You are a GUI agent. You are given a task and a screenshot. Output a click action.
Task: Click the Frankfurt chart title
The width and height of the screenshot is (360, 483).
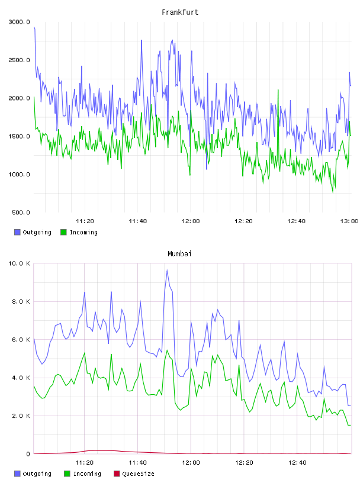(180, 12)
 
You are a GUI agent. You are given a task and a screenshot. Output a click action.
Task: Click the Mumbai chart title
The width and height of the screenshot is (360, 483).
(179, 254)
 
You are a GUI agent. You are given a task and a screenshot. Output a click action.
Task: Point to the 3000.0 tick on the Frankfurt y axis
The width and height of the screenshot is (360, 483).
(19, 22)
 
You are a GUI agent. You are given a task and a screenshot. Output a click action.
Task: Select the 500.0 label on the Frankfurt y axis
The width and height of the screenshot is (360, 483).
(21, 212)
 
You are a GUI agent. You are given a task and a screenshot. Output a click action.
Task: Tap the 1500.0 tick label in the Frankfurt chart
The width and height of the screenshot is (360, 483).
(19, 136)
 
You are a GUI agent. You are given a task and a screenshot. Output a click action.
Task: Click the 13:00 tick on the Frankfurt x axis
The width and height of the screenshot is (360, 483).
(349, 221)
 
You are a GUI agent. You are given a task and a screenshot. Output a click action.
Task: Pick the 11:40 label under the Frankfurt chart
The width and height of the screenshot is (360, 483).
(138, 221)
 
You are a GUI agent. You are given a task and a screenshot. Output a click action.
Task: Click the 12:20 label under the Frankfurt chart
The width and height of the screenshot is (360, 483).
(243, 221)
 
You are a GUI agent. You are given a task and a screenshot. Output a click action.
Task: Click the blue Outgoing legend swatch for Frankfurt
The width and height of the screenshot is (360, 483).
(17, 232)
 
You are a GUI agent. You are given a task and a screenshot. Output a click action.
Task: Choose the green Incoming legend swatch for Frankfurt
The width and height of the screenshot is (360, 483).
(63, 232)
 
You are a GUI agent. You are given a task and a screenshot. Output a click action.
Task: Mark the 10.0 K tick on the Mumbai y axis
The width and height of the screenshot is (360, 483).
(19, 263)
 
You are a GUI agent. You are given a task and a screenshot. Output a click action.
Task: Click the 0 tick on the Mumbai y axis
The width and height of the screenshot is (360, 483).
(28, 454)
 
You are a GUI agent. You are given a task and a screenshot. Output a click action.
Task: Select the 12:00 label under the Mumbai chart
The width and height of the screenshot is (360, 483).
(191, 463)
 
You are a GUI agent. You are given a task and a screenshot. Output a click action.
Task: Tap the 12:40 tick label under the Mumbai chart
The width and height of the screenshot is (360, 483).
(297, 463)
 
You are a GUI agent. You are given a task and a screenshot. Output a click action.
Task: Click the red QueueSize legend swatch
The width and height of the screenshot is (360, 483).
(117, 474)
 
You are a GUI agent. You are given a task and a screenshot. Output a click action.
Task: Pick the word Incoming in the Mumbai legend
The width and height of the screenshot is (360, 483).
(87, 474)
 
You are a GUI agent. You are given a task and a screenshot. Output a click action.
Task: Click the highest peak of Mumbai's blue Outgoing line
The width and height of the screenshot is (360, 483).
(167, 271)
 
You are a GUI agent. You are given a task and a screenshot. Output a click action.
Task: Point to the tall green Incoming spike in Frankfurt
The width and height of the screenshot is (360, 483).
(278, 90)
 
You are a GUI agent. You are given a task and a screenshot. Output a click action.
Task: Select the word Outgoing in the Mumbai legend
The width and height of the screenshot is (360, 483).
(37, 474)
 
